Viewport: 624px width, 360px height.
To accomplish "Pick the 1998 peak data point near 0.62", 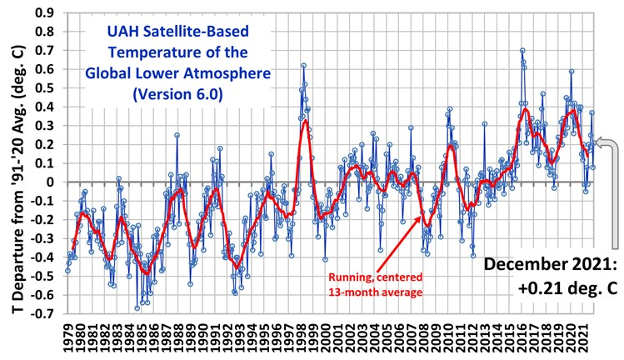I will tap(304, 65).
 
